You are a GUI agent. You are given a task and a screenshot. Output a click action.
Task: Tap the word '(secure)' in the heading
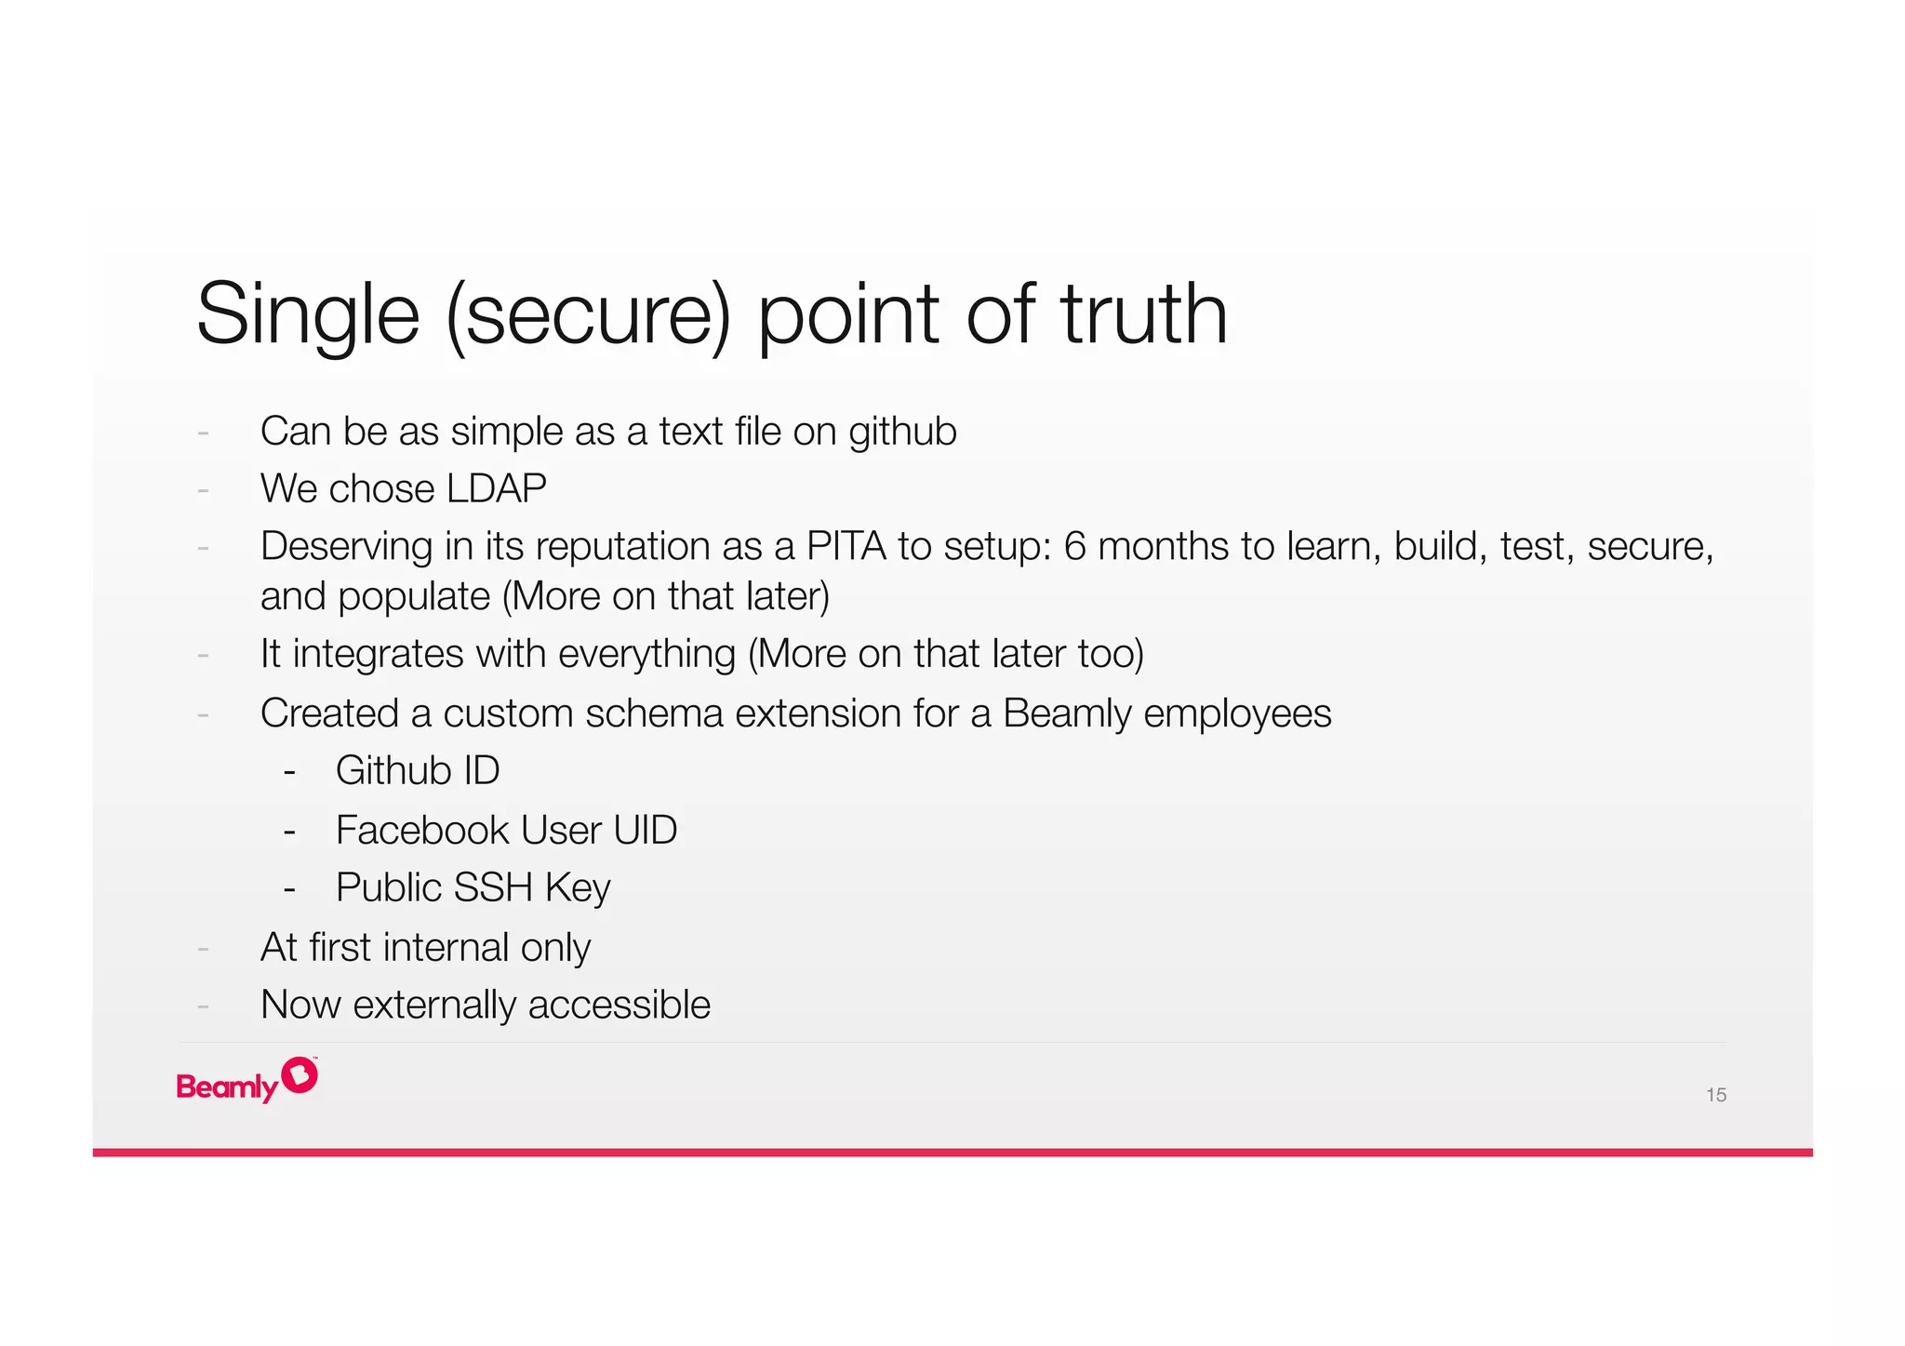tap(588, 316)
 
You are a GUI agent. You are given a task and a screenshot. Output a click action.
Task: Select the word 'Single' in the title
tap(308, 316)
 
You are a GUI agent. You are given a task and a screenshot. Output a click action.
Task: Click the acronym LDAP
tap(496, 488)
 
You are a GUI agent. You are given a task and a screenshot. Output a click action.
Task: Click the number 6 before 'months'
tap(1074, 546)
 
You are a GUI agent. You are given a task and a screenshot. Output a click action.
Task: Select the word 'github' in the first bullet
tap(902, 432)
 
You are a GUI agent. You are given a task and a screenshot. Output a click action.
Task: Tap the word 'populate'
tap(414, 597)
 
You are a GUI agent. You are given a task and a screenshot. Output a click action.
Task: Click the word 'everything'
tap(646, 654)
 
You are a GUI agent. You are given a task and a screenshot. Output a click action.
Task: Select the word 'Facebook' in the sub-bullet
tap(422, 830)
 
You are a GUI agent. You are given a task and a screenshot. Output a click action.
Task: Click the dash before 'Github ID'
tap(289, 771)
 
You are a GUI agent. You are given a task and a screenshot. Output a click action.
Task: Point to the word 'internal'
tap(446, 948)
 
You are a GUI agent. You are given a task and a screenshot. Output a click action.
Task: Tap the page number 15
tap(1715, 1095)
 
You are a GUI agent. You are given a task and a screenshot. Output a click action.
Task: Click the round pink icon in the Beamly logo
tap(300, 1075)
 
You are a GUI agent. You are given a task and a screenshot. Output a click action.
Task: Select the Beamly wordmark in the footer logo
tap(227, 1086)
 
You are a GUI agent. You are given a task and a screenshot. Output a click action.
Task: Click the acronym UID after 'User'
tap(645, 830)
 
